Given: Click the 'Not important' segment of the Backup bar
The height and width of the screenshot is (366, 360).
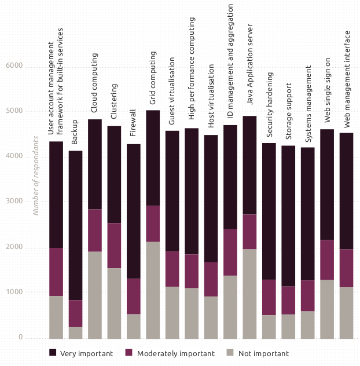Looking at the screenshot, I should pyautogui.click(x=75, y=332).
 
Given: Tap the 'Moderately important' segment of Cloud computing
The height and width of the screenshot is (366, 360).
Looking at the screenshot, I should pyautogui.click(x=95, y=230).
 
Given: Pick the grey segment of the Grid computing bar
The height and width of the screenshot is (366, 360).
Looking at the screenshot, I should pyautogui.click(x=153, y=290).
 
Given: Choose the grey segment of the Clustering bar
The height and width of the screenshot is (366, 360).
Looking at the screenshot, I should pyautogui.click(x=114, y=303).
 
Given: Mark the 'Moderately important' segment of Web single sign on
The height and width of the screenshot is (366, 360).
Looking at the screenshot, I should pyautogui.click(x=327, y=260).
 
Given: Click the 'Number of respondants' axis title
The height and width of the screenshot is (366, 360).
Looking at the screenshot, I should pyautogui.click(x=36, y=175).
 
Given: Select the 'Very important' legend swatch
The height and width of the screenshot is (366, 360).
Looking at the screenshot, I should pyautogui.click(x=53, y=353).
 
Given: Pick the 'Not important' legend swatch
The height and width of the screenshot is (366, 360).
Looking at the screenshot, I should pyautogui.click(x=230, y=353).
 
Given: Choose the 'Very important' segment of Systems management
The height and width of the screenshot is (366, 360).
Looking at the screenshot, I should pyautogui.click(x=308, y=214).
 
